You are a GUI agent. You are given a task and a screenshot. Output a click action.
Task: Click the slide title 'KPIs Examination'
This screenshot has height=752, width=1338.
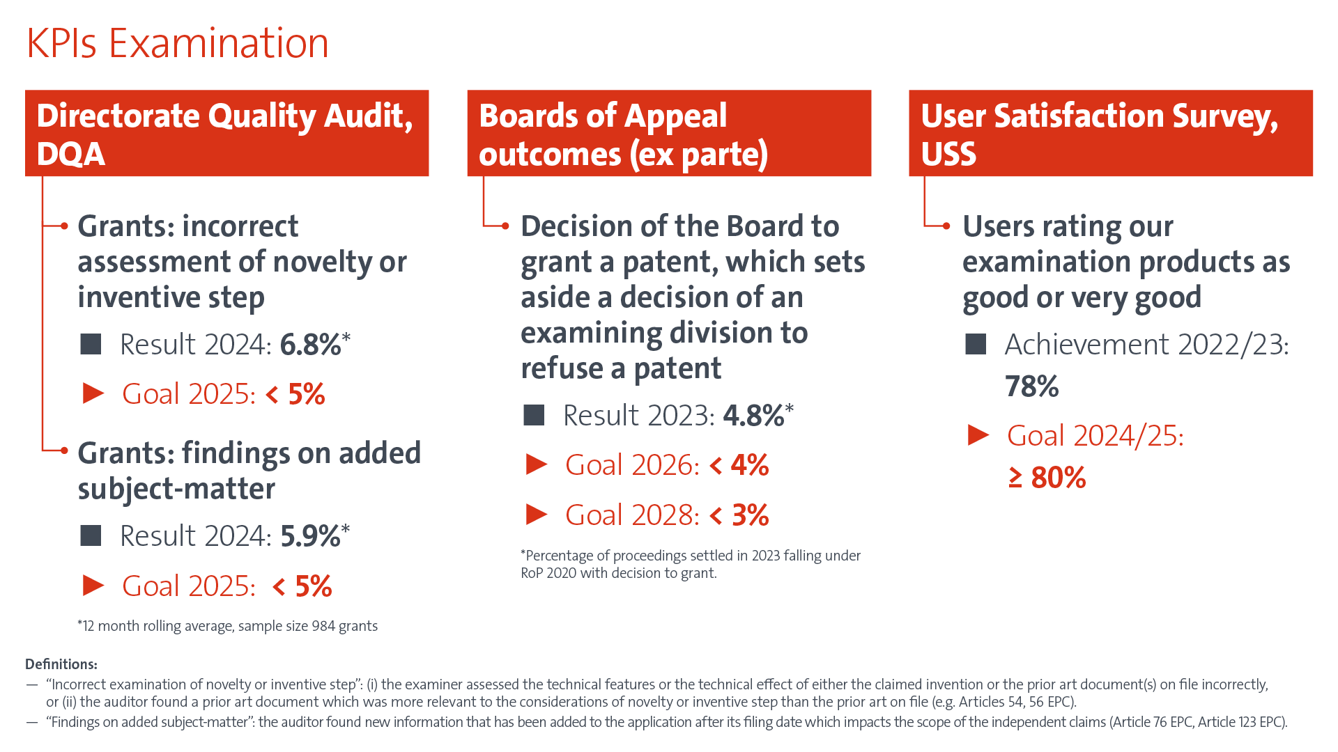tap(177, 43)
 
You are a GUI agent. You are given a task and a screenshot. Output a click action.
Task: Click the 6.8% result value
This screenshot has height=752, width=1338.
tap(311, 345)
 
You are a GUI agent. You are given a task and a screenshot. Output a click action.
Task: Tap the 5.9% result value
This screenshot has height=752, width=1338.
tap(311, 536)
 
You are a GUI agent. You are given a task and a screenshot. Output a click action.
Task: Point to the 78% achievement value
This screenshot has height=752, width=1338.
tap(1032, 386)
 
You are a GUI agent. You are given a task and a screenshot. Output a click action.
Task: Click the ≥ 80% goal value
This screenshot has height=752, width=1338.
tap(1047, 478)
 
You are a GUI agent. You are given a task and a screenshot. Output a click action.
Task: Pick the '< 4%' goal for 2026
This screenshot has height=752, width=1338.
tap(739, 465)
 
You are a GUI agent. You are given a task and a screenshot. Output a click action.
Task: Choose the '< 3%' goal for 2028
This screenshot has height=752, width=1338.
tap(739, 515)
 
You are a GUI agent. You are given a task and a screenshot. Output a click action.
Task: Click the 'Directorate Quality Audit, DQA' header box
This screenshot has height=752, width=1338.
tap(226, 133)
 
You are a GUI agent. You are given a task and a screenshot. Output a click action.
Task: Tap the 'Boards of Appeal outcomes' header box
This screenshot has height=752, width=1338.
tap(669, 133)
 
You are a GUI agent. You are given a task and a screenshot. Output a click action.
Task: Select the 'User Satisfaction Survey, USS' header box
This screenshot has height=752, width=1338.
tap(1111, 133)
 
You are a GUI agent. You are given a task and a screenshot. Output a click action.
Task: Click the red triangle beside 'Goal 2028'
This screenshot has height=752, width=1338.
tap(536, 515)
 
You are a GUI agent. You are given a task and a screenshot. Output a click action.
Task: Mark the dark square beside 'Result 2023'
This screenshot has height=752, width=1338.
tap(534, 416)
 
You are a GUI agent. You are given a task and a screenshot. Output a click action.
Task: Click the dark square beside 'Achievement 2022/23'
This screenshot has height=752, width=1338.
tap(976, 344)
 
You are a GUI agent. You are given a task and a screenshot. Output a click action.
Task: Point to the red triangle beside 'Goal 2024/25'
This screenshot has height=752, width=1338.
tap(978, 435)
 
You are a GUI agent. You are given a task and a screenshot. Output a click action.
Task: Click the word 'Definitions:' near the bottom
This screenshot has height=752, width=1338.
tap(61, 664)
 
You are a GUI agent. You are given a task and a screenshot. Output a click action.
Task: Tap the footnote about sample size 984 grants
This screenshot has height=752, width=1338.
tap(228, 626)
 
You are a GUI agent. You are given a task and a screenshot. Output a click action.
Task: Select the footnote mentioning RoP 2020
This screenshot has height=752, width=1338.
tap(690, 565)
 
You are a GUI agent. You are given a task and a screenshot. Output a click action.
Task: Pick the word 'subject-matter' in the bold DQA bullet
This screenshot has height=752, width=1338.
tap(176, 489)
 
